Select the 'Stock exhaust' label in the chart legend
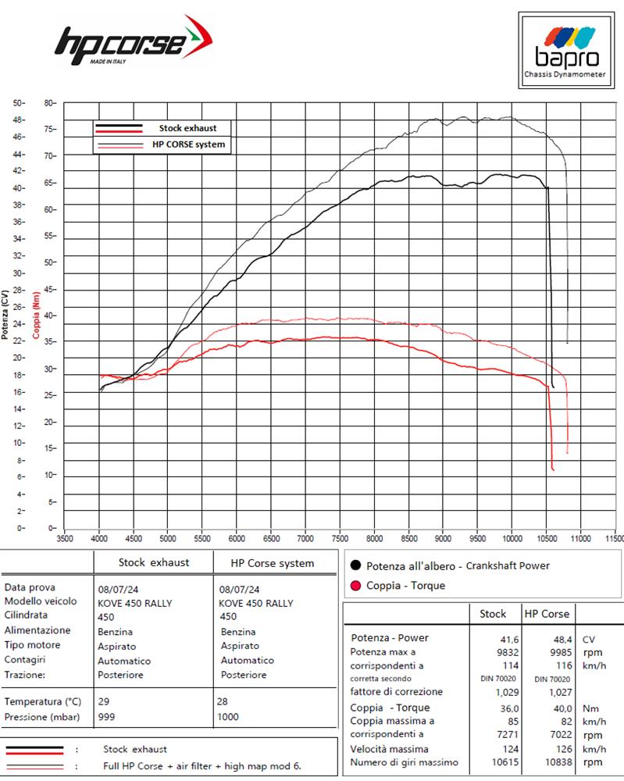tap(187, 128)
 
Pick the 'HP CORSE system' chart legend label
tap(187, 144)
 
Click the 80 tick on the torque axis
tap(49, 103)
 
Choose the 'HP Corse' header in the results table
tap(547, 613)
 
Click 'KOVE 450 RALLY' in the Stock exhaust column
tap(135, 602)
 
